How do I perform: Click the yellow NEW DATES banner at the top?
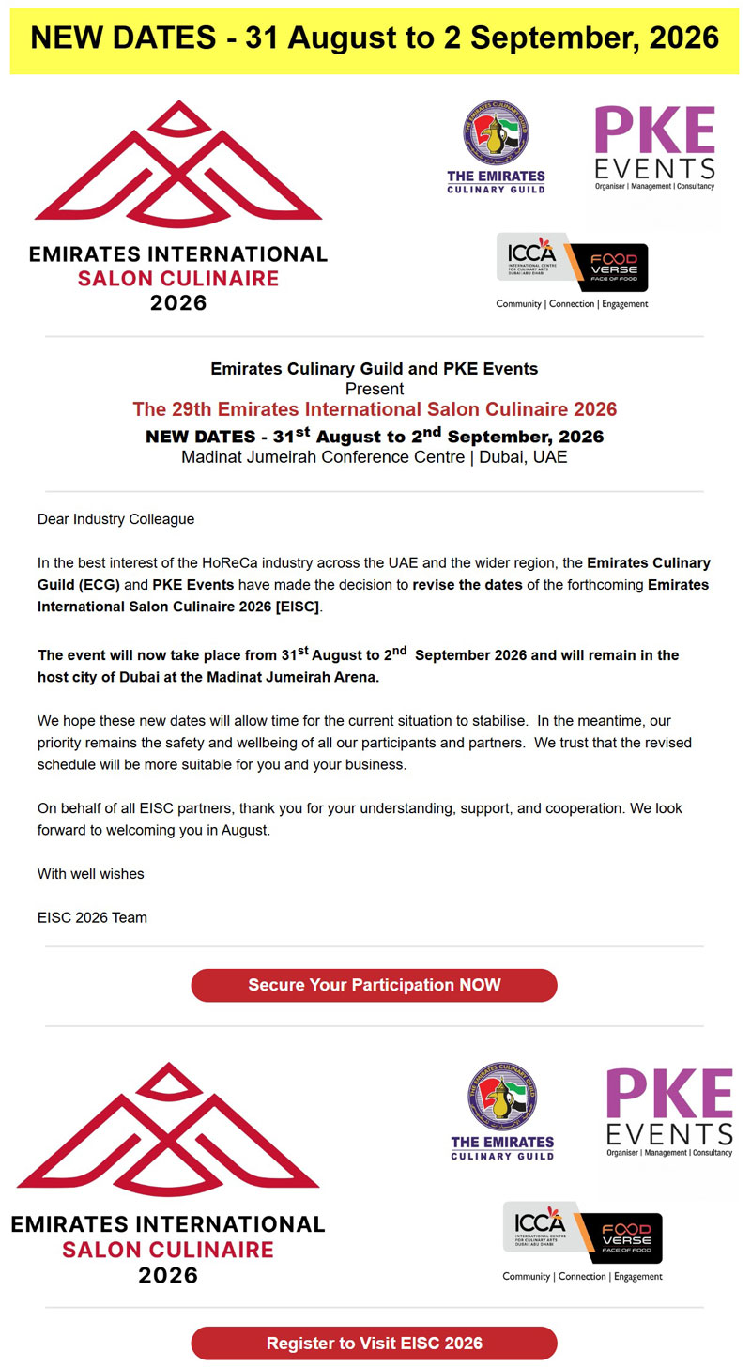tap(375, 38)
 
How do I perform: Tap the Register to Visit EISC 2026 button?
tap(374, 1343)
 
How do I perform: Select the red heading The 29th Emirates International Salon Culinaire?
tap(375, 409)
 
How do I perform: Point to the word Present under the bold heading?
tap(375, 389)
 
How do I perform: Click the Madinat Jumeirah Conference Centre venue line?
tap(375, 458)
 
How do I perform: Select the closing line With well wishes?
tap(91, 873)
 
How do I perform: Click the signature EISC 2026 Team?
tap(92, 917)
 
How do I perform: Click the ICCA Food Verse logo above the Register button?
tap(582, 1237)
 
